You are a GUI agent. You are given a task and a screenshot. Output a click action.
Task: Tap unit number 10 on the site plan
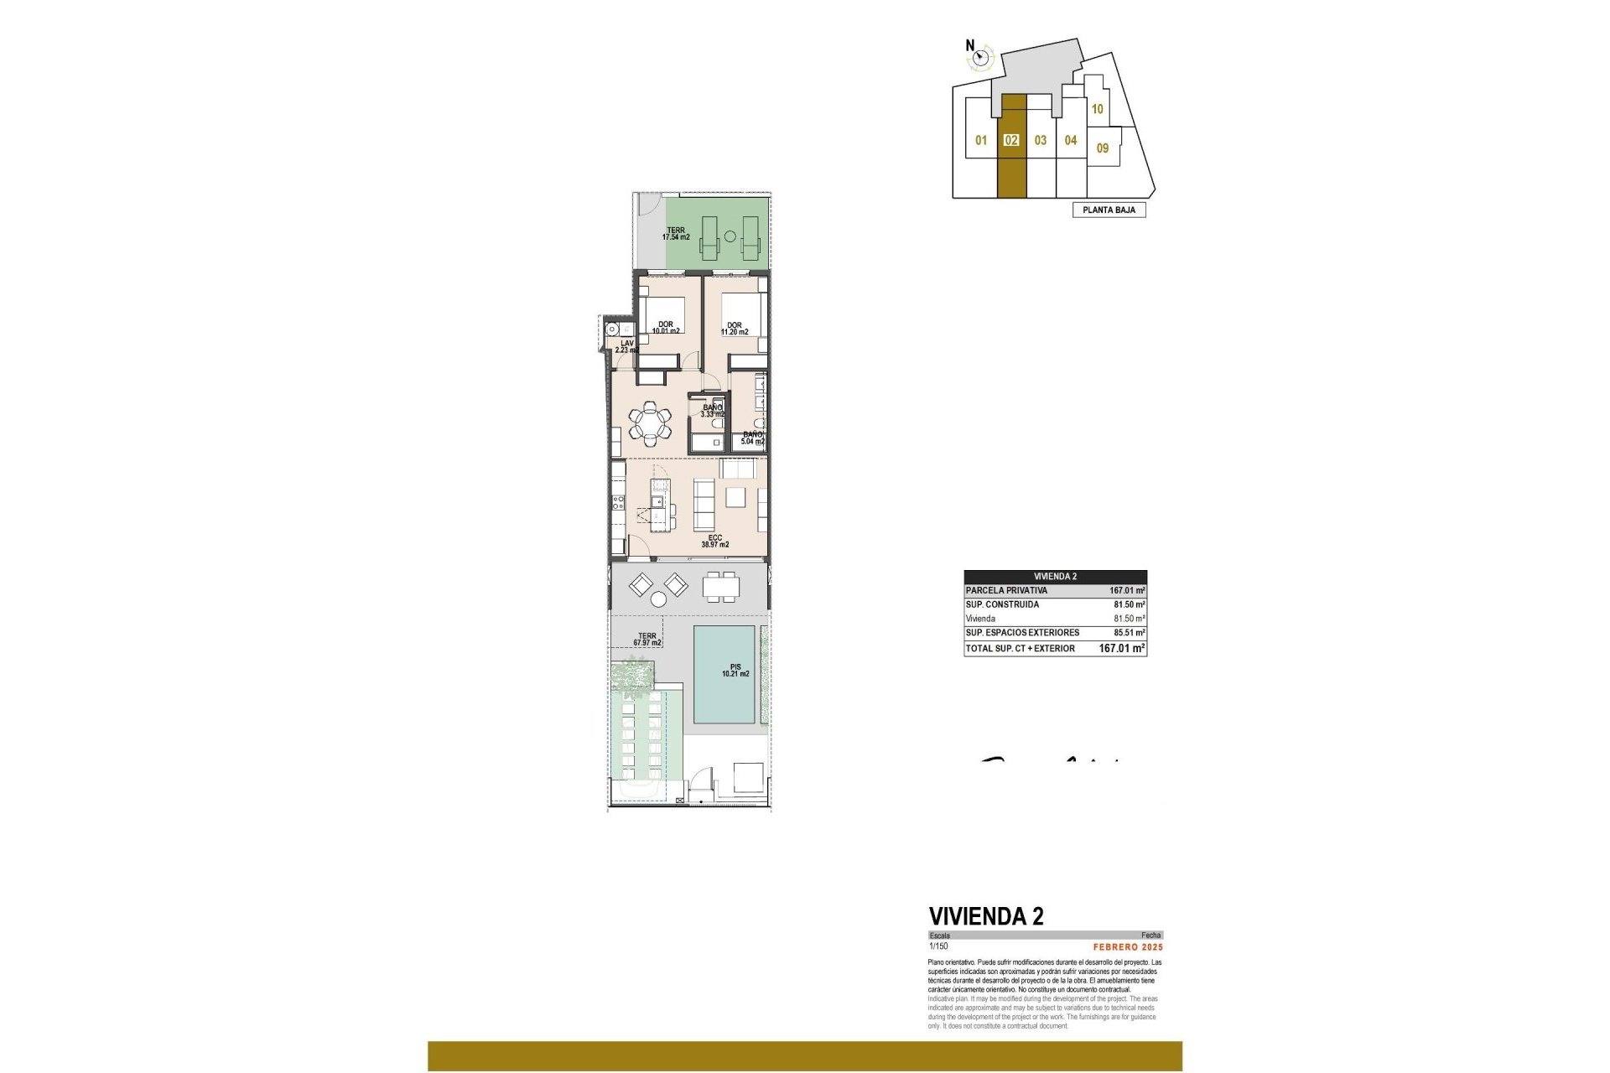click(x=1097, y=109)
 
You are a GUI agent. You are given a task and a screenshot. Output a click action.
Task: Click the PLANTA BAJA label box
click(x=1109, y=210)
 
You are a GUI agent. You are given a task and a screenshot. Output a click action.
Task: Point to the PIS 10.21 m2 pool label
click(x=735, y=671)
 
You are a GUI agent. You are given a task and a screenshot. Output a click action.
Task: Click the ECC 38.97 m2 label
click(x=714, y=542)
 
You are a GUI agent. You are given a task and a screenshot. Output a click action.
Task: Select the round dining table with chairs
click(x=650, y=422)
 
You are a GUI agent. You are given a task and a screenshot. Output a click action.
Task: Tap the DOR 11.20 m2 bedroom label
click(x=735, y=329)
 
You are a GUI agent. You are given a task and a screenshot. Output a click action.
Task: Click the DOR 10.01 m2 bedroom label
click(x=666, y=328)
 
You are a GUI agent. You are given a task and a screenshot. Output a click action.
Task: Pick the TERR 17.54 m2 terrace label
click(x=676, y=234)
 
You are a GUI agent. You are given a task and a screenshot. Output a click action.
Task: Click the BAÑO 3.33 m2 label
click(x=712, y=411)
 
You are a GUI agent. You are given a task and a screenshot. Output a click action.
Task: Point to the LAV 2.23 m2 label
click(x=626, y=347)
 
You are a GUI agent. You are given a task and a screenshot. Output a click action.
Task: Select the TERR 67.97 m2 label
click(x=647, y=640)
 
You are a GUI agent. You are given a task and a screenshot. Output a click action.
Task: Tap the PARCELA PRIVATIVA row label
click(x=1006, y=590)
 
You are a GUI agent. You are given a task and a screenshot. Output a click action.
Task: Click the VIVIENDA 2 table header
click(x=1055, y=577)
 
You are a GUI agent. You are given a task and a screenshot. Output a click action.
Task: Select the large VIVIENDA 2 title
click(x=986, y=916)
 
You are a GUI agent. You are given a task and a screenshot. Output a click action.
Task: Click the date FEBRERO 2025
click(x=1128, y=947)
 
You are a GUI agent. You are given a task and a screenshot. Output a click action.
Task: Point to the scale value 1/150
click(x=938, y=946)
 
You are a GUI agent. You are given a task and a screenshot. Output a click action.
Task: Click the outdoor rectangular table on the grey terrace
click(x=721, y=587)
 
